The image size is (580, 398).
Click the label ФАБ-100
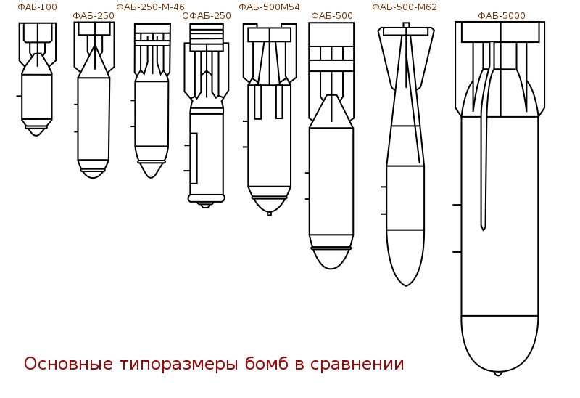coord(38,7)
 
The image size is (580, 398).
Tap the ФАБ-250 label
coord(94,16)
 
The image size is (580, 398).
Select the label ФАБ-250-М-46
coord(151,7)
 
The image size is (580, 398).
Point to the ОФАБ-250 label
coord(207,16)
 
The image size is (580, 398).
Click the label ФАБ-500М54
coord(269,7)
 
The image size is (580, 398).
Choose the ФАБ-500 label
coord(332,16)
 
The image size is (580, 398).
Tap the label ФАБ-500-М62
coord(405,7)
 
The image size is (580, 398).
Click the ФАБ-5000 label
coord(502,16)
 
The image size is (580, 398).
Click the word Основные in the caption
coord(68,364)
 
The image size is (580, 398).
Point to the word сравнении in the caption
coord(357,365)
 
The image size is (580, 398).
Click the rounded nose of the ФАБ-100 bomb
coord(36,131)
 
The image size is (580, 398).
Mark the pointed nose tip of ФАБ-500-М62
coord(406,285)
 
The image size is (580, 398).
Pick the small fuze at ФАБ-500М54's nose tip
coord(269,214)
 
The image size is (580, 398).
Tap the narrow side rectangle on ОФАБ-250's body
coord(194,158)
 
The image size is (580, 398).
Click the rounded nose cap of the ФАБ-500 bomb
coord(331,259)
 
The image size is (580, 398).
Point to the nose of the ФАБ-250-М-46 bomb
coord(151,170)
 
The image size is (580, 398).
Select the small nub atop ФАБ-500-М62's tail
coord(406,25)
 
